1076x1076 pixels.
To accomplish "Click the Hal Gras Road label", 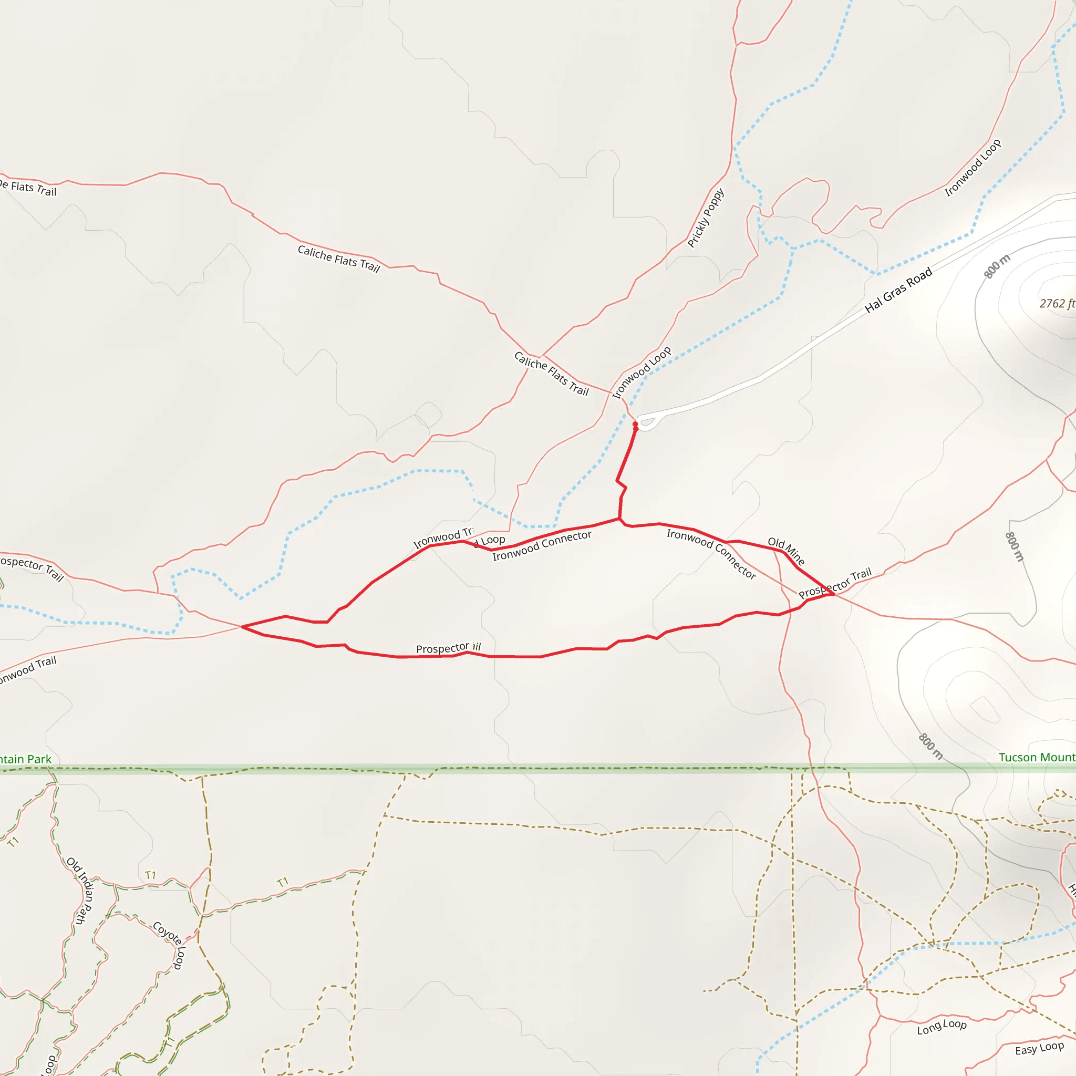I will [898, 290].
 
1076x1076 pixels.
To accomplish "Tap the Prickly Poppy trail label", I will [706, 218].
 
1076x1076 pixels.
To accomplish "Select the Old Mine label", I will [786, 551].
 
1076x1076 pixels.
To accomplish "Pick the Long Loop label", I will [942, 1027].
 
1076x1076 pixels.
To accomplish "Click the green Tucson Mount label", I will [1037, 758].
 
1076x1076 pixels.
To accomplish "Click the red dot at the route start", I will [635, 425].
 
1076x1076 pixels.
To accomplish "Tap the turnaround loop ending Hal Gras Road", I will [648, 421].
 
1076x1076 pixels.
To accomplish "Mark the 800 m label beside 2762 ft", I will [996, 266].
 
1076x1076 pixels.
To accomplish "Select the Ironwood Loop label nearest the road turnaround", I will [642, 373].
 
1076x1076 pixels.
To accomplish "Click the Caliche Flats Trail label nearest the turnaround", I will [551, 374].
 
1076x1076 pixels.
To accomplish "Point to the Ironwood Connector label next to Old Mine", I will [711, 554].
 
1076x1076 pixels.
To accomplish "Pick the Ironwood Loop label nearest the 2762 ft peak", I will [972, 168].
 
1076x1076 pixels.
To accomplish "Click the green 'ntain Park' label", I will [26, 759].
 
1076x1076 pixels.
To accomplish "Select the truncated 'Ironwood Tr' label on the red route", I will [443, 538].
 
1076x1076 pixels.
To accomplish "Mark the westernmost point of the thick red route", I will [242, 627].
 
